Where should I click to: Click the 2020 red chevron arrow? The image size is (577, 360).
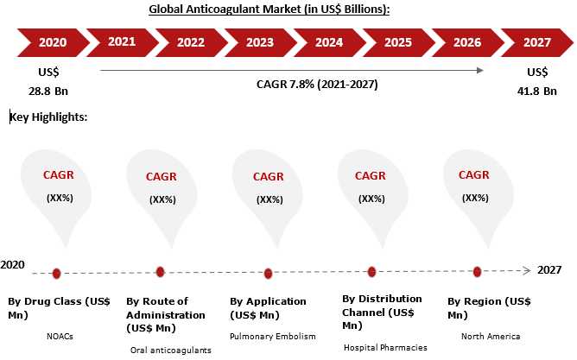pyautogui.click(x=53, y=42)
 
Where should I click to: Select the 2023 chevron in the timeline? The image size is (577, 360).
pyautogui.click(x=260, y=42)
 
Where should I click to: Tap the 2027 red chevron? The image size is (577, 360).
pyautogui.click(x=537, y=42)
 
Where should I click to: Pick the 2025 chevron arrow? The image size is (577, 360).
pyautogui.click(x=398, y=42)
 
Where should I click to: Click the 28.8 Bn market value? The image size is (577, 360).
pyautogui.click(x=48, y=91)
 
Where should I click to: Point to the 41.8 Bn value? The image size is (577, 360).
pyautogui.click(x=537, y=91)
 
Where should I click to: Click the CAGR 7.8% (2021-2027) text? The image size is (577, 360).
pyautogui.click(x=317, y=85)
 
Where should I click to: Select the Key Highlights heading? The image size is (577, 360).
pyautogui.click(x=48, y=117)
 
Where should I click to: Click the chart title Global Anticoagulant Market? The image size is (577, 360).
pyautogui.click(x=269, y=9)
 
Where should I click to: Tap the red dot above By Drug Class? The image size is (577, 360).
pyautogui.click(x=56, y=274)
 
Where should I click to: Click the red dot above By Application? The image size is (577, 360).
pyautogui.click(x=268, y=274)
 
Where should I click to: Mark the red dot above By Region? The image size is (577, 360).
pyautogui.click(x=477, y=272)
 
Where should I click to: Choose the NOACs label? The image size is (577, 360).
pyautogui.click(x=60, y=336)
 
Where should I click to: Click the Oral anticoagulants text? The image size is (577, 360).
pyautogui.click(x=171, y=350)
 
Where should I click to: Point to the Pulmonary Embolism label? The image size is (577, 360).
pyautogui.click(x=273, y=337)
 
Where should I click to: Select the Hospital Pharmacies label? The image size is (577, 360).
pyautogui.click(x=385, y=348)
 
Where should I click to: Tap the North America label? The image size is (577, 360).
pyautogui.click(x=491, y=336)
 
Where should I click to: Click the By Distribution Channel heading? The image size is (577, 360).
pyautogui.click(x=382, y=313)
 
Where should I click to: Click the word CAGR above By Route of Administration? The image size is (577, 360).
pyautogui.click(x=162, y=176)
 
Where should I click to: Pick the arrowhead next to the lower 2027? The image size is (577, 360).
pyautogui.click(x=527, y=270)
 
